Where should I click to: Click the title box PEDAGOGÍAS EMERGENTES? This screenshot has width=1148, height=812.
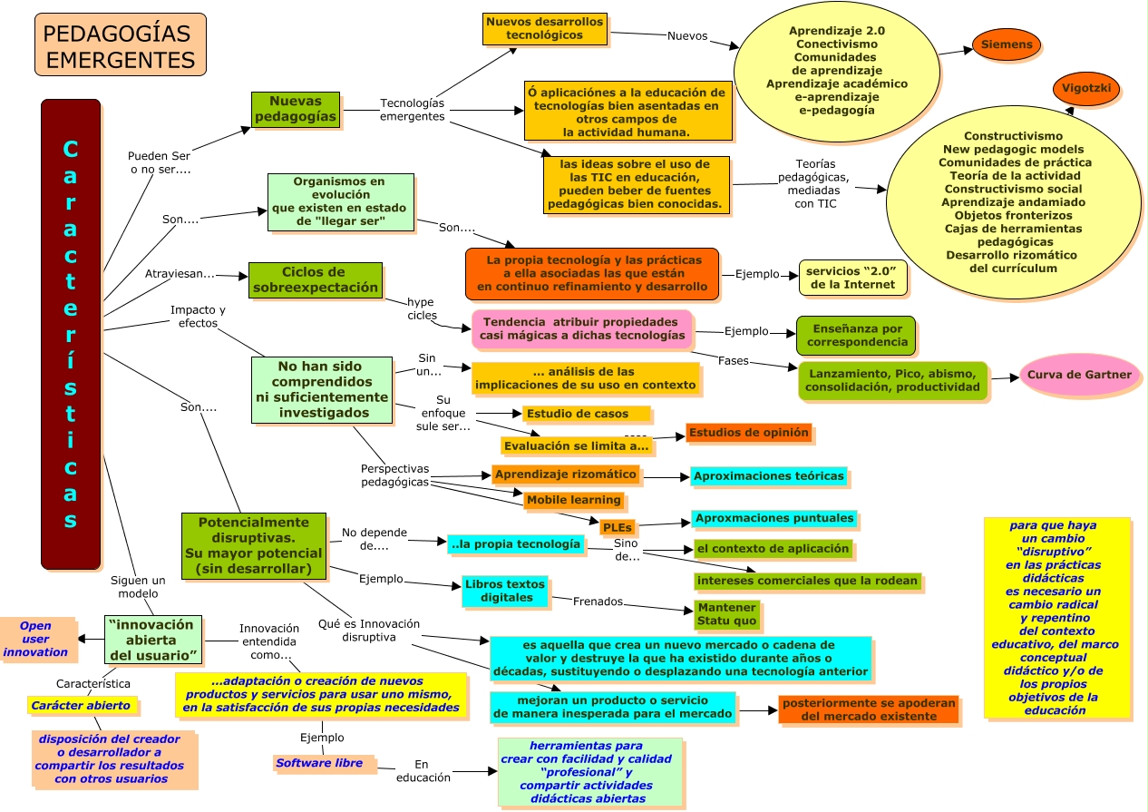(121, 44)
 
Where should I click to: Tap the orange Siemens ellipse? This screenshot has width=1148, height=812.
(1006, 44)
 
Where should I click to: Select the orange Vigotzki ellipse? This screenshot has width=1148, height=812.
(1085, 88)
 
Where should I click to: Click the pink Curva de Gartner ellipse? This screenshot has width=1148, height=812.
(1079, 374)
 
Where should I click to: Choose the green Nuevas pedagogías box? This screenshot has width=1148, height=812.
(296, 109)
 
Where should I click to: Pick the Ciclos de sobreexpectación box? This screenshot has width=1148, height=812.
(316, 280)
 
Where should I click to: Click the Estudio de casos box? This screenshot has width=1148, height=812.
(586, 414)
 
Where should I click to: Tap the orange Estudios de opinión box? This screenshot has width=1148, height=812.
(748, 433)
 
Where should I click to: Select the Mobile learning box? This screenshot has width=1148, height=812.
(573, 500)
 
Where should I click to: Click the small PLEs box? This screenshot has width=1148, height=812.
(618, 527)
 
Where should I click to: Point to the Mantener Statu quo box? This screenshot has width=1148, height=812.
(726, 614)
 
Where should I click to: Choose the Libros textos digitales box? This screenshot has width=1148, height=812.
(505, 591)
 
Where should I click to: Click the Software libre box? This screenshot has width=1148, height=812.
(324, 763)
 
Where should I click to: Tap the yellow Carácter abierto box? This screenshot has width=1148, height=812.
(82, 705)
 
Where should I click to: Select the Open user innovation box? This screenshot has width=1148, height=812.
(37, 639)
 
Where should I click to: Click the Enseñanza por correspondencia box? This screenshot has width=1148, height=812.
(856, 336)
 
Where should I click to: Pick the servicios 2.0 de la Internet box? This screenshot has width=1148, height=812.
(852, 278)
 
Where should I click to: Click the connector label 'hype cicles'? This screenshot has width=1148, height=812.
(422, 308)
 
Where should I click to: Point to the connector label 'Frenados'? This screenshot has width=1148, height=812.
(598, 602)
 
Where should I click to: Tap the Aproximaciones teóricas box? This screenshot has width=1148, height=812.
(768, 476)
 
